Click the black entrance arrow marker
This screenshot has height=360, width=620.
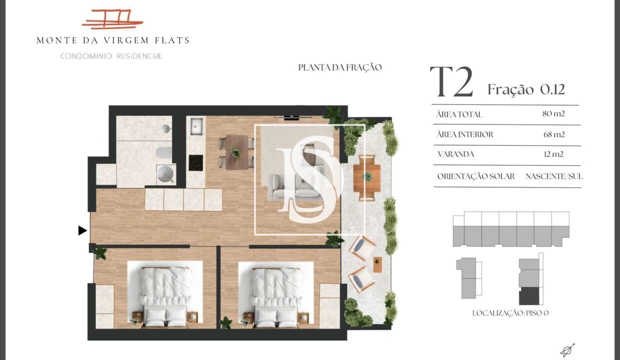82,230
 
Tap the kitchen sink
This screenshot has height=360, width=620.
196,126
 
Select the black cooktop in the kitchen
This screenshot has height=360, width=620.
195,163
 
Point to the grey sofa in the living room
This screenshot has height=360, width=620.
295,187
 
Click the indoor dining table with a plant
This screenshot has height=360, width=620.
236,152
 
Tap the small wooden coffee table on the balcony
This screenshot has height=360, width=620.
377,264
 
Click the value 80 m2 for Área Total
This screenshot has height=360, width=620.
553,113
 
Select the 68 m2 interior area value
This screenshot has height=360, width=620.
554,134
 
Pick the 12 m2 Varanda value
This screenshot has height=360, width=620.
553,154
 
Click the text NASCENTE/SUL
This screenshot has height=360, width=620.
554,176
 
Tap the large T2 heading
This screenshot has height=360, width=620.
451,82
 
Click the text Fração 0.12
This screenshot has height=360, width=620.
526,89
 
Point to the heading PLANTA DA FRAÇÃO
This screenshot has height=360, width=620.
340,67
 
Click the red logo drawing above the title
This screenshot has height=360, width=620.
112,19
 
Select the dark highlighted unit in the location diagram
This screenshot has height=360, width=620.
529,296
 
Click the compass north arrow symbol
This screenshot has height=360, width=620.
567,350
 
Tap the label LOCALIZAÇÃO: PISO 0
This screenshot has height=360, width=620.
510,313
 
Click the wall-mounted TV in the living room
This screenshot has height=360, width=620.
291,118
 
